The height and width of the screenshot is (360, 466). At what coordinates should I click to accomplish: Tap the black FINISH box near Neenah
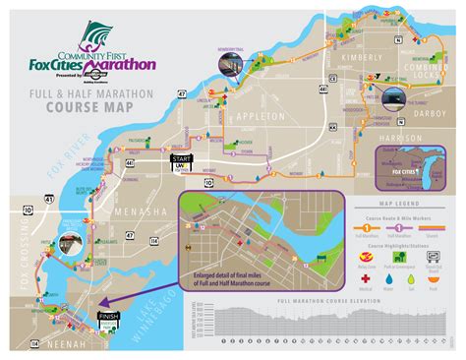[x=107, y=319]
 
